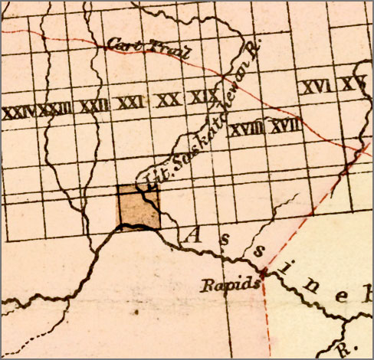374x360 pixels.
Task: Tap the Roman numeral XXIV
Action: click(19, 112)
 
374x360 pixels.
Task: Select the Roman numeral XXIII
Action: click(55, 110)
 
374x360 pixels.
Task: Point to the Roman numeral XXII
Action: click(93, 106)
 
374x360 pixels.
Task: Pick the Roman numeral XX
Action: click(168, 100)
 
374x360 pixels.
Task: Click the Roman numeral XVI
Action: click(316, 87)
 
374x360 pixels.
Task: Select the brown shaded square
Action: click(138, 207)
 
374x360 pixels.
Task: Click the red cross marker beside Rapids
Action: click(263, 272)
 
